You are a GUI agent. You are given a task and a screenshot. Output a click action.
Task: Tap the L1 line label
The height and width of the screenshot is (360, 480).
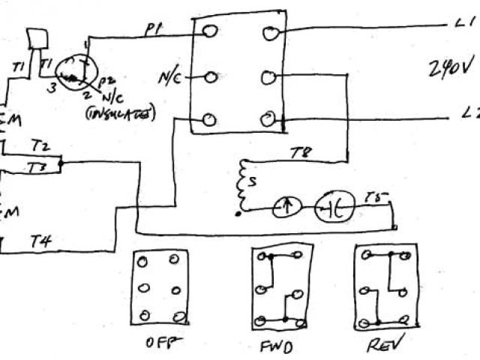(x=463, y=24)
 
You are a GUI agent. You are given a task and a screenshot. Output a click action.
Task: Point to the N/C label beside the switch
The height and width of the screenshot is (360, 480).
(x=168, y=77)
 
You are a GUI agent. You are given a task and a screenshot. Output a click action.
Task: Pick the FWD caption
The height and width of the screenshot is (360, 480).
(x=277, y=346)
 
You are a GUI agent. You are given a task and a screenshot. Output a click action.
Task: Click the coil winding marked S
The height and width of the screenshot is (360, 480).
(x=242, y=184)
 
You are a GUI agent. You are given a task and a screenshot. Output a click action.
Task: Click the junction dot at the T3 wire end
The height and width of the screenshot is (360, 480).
(x=61, y=162)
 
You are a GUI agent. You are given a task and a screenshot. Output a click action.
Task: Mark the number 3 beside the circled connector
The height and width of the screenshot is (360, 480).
(x=53, y=87)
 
